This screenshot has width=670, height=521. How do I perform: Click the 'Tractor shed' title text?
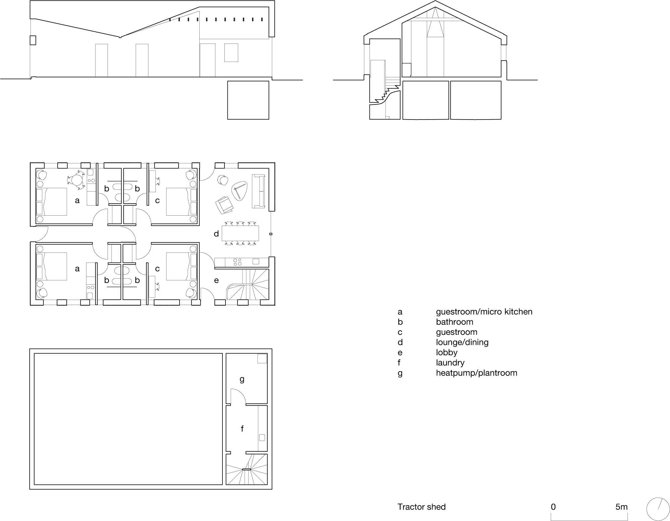pos(421,507)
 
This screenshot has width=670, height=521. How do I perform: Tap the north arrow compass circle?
pos(656,507)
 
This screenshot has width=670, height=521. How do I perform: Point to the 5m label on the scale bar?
pos(621,507)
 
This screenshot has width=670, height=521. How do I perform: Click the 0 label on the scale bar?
pos(553,507)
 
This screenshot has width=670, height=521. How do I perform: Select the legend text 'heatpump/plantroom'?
pos(476,373)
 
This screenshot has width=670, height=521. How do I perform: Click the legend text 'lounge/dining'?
pos(462,342)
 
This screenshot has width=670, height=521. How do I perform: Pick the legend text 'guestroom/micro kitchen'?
pos(484,312)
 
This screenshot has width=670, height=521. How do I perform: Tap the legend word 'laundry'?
pos(450,363)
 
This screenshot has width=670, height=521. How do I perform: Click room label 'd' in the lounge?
pos(216,233)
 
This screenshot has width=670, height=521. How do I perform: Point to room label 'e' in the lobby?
pos(216,280)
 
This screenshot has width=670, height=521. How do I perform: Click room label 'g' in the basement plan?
pos(242,379)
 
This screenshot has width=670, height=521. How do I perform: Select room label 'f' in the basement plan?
pos(242,428)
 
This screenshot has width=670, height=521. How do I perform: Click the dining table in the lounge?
pos(240,233)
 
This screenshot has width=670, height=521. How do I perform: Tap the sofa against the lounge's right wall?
pos(258,191)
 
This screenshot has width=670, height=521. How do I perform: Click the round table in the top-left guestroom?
pos(77,180)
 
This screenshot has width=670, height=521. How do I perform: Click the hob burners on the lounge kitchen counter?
pos(238,262)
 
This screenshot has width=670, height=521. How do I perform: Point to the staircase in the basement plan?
pos(247,469)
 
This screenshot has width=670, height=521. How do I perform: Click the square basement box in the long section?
pos(248,100)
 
